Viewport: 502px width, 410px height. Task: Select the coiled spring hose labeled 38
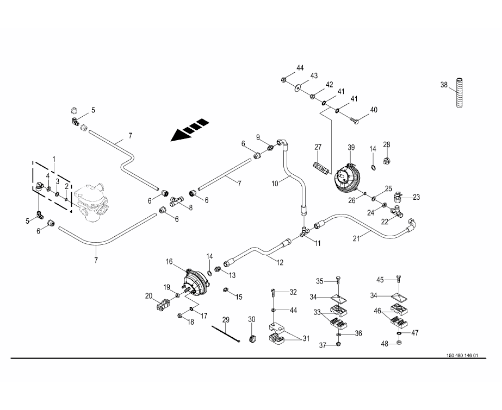pos(460,94)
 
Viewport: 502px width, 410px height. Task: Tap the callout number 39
pos(351,147)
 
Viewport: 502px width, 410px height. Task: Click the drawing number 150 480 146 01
pos(462,356)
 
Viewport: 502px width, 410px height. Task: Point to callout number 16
pos(169,262)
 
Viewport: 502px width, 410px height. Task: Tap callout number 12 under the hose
pos(280,262)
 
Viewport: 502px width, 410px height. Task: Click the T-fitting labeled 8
pos(175,202)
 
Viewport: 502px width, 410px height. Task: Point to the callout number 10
pos(276,184)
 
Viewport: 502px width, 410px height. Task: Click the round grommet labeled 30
pos(252,339)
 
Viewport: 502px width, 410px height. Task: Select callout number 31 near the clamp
pos(306,339)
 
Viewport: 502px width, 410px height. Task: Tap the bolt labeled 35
pos(338,280)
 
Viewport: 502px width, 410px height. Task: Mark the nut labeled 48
pos(399,344)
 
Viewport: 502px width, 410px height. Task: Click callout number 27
pos(318,147)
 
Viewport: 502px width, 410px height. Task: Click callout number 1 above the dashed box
pos(54,158)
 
